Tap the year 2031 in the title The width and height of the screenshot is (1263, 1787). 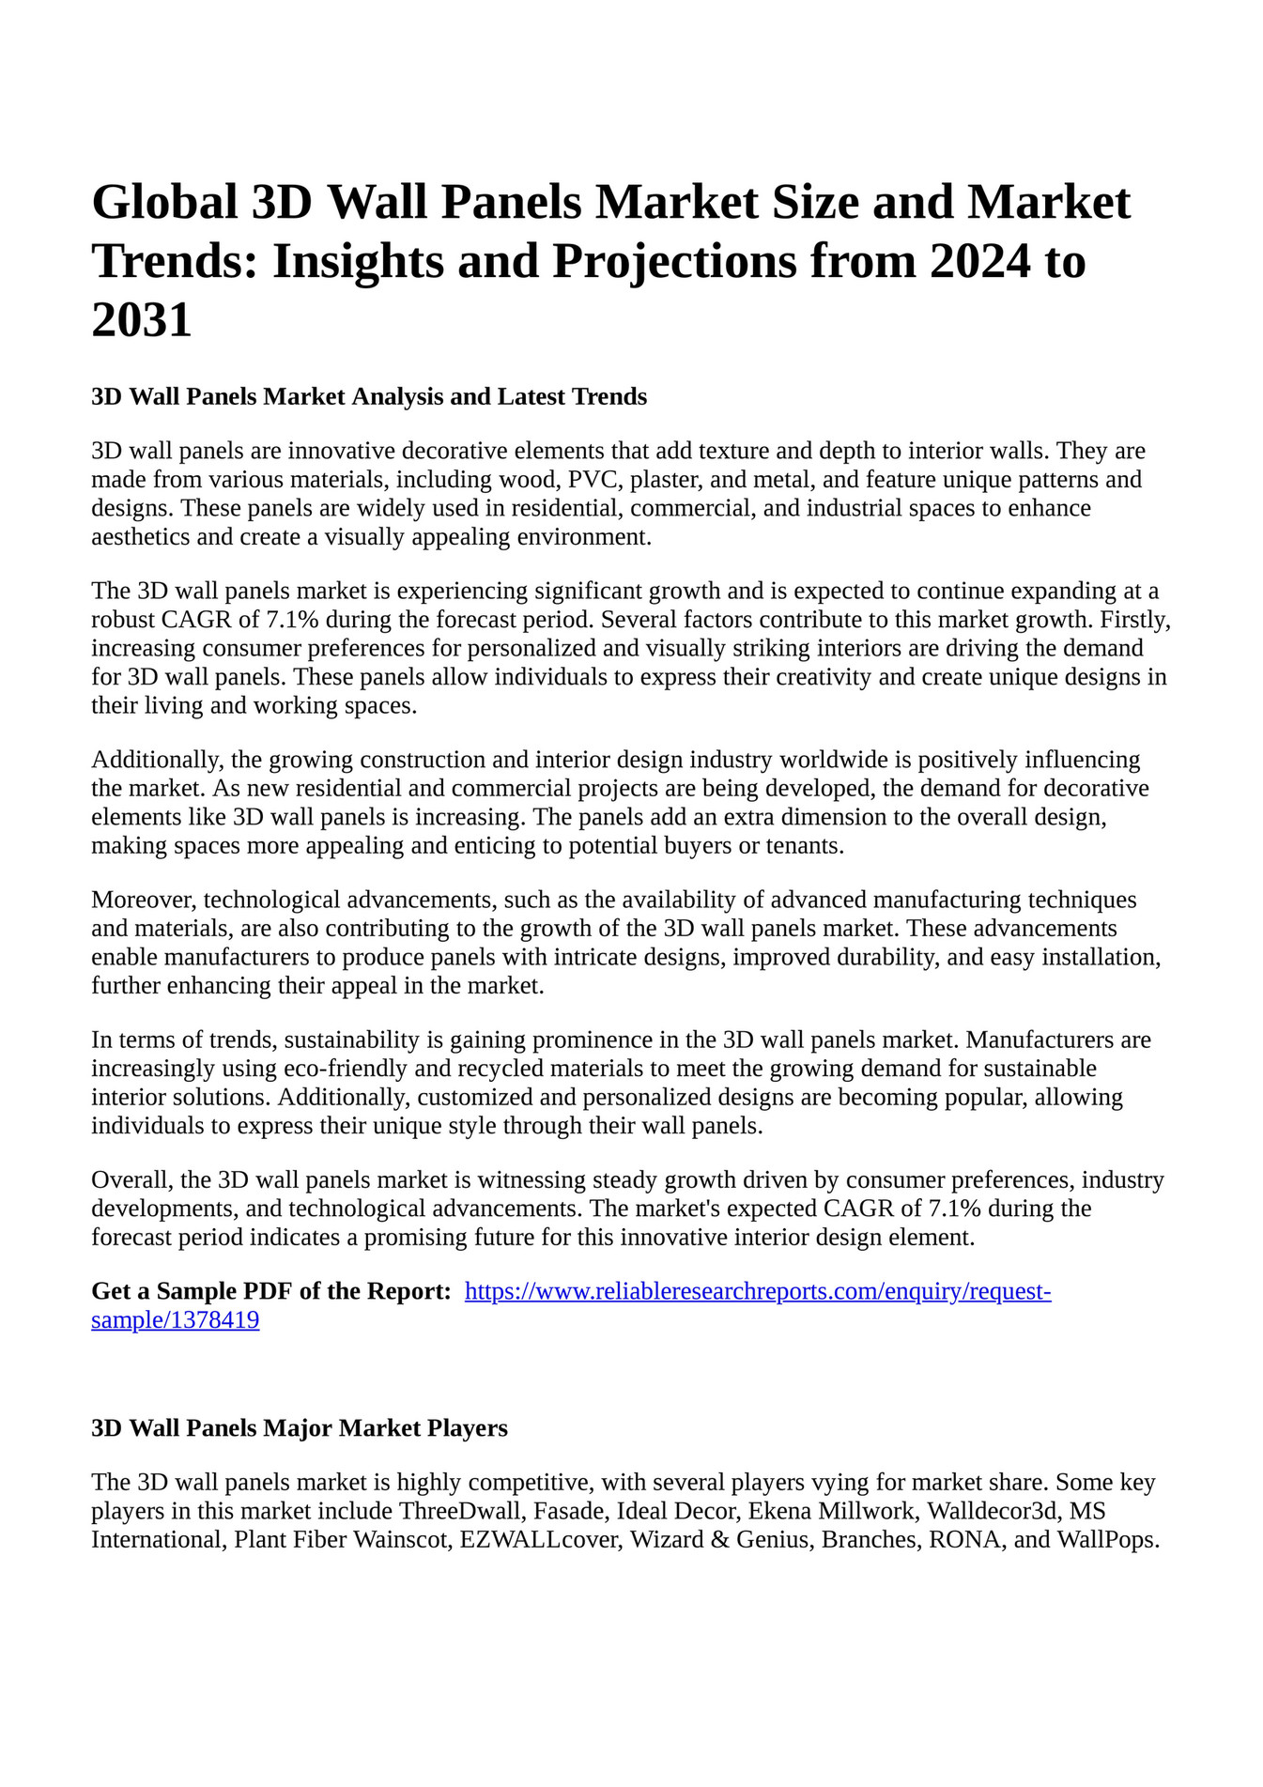pyautogui.click(x=142, y=319)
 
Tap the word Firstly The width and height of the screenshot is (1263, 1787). pyautogui.click(x=1135, y=620)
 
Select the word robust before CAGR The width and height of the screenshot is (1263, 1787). pyautogui.click(x=122, y=620)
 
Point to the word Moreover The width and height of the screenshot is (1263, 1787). pyautogui.click(x=144, y=900)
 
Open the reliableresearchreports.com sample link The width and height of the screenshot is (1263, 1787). pyautogui.click(x=757, y=1291)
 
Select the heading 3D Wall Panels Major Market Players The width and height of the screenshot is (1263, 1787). pyautogui.click(x=300, y=1428)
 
